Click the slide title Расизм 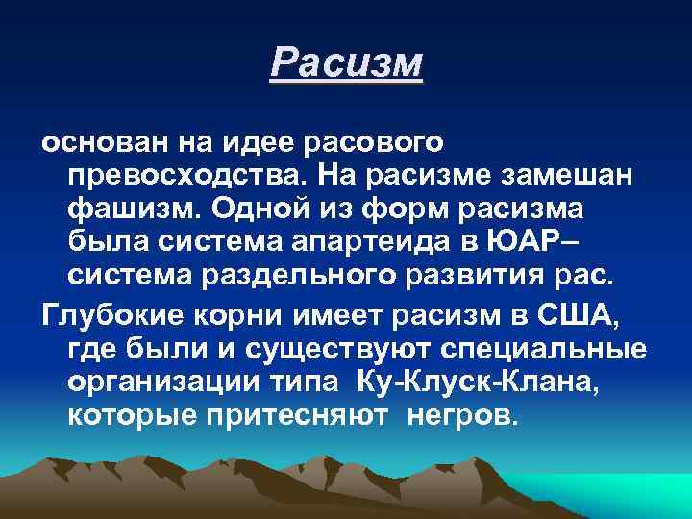346,62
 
